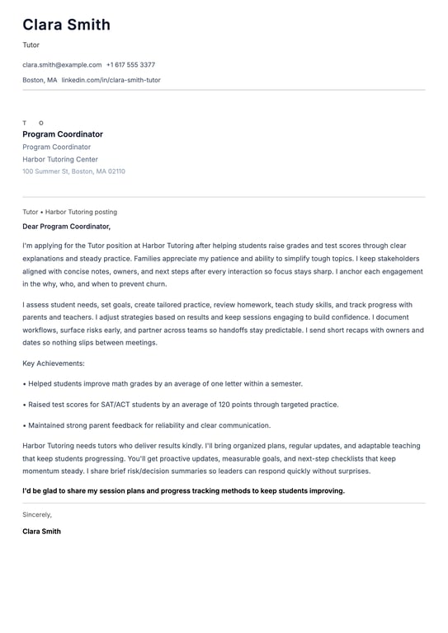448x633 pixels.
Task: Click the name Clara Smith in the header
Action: pyautogui.click(x=66, y=25)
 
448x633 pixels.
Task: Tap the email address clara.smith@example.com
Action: pyautogui.click(x=62, y=64)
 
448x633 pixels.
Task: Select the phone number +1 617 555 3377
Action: pyautogui.click(x=130, y=64)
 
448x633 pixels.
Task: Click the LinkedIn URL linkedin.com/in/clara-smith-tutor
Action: pyautogui.click(x=111, y=80)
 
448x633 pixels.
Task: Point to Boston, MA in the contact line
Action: pyautogui.click(x=40, y=80)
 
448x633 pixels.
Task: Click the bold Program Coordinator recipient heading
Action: pyautogui.click(x=63, y=134)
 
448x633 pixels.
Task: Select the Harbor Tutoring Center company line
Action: pyautogui.click(x=60, y=159)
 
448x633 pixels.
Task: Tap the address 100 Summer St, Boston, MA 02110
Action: pyautogui.click(x=73, y=171)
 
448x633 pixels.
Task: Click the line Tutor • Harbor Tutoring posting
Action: pyautogui.click(x=69, y=212)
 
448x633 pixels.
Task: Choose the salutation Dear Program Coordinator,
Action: pyautogui.click(x=66, y=226)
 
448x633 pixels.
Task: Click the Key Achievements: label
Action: pyautogui.click(x=54, y=363)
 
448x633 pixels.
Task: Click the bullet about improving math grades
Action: pyautogui.click(x=163, y=383)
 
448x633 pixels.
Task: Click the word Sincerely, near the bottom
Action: pyautogui.click(x=37, y=514)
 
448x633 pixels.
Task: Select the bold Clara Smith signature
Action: pyautogui.click(x=41, y=532)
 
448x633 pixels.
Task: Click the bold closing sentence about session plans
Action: pyautogui.click(x=183, y=490)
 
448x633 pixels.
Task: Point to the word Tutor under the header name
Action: pyautogui.click(x=31, y=45)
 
